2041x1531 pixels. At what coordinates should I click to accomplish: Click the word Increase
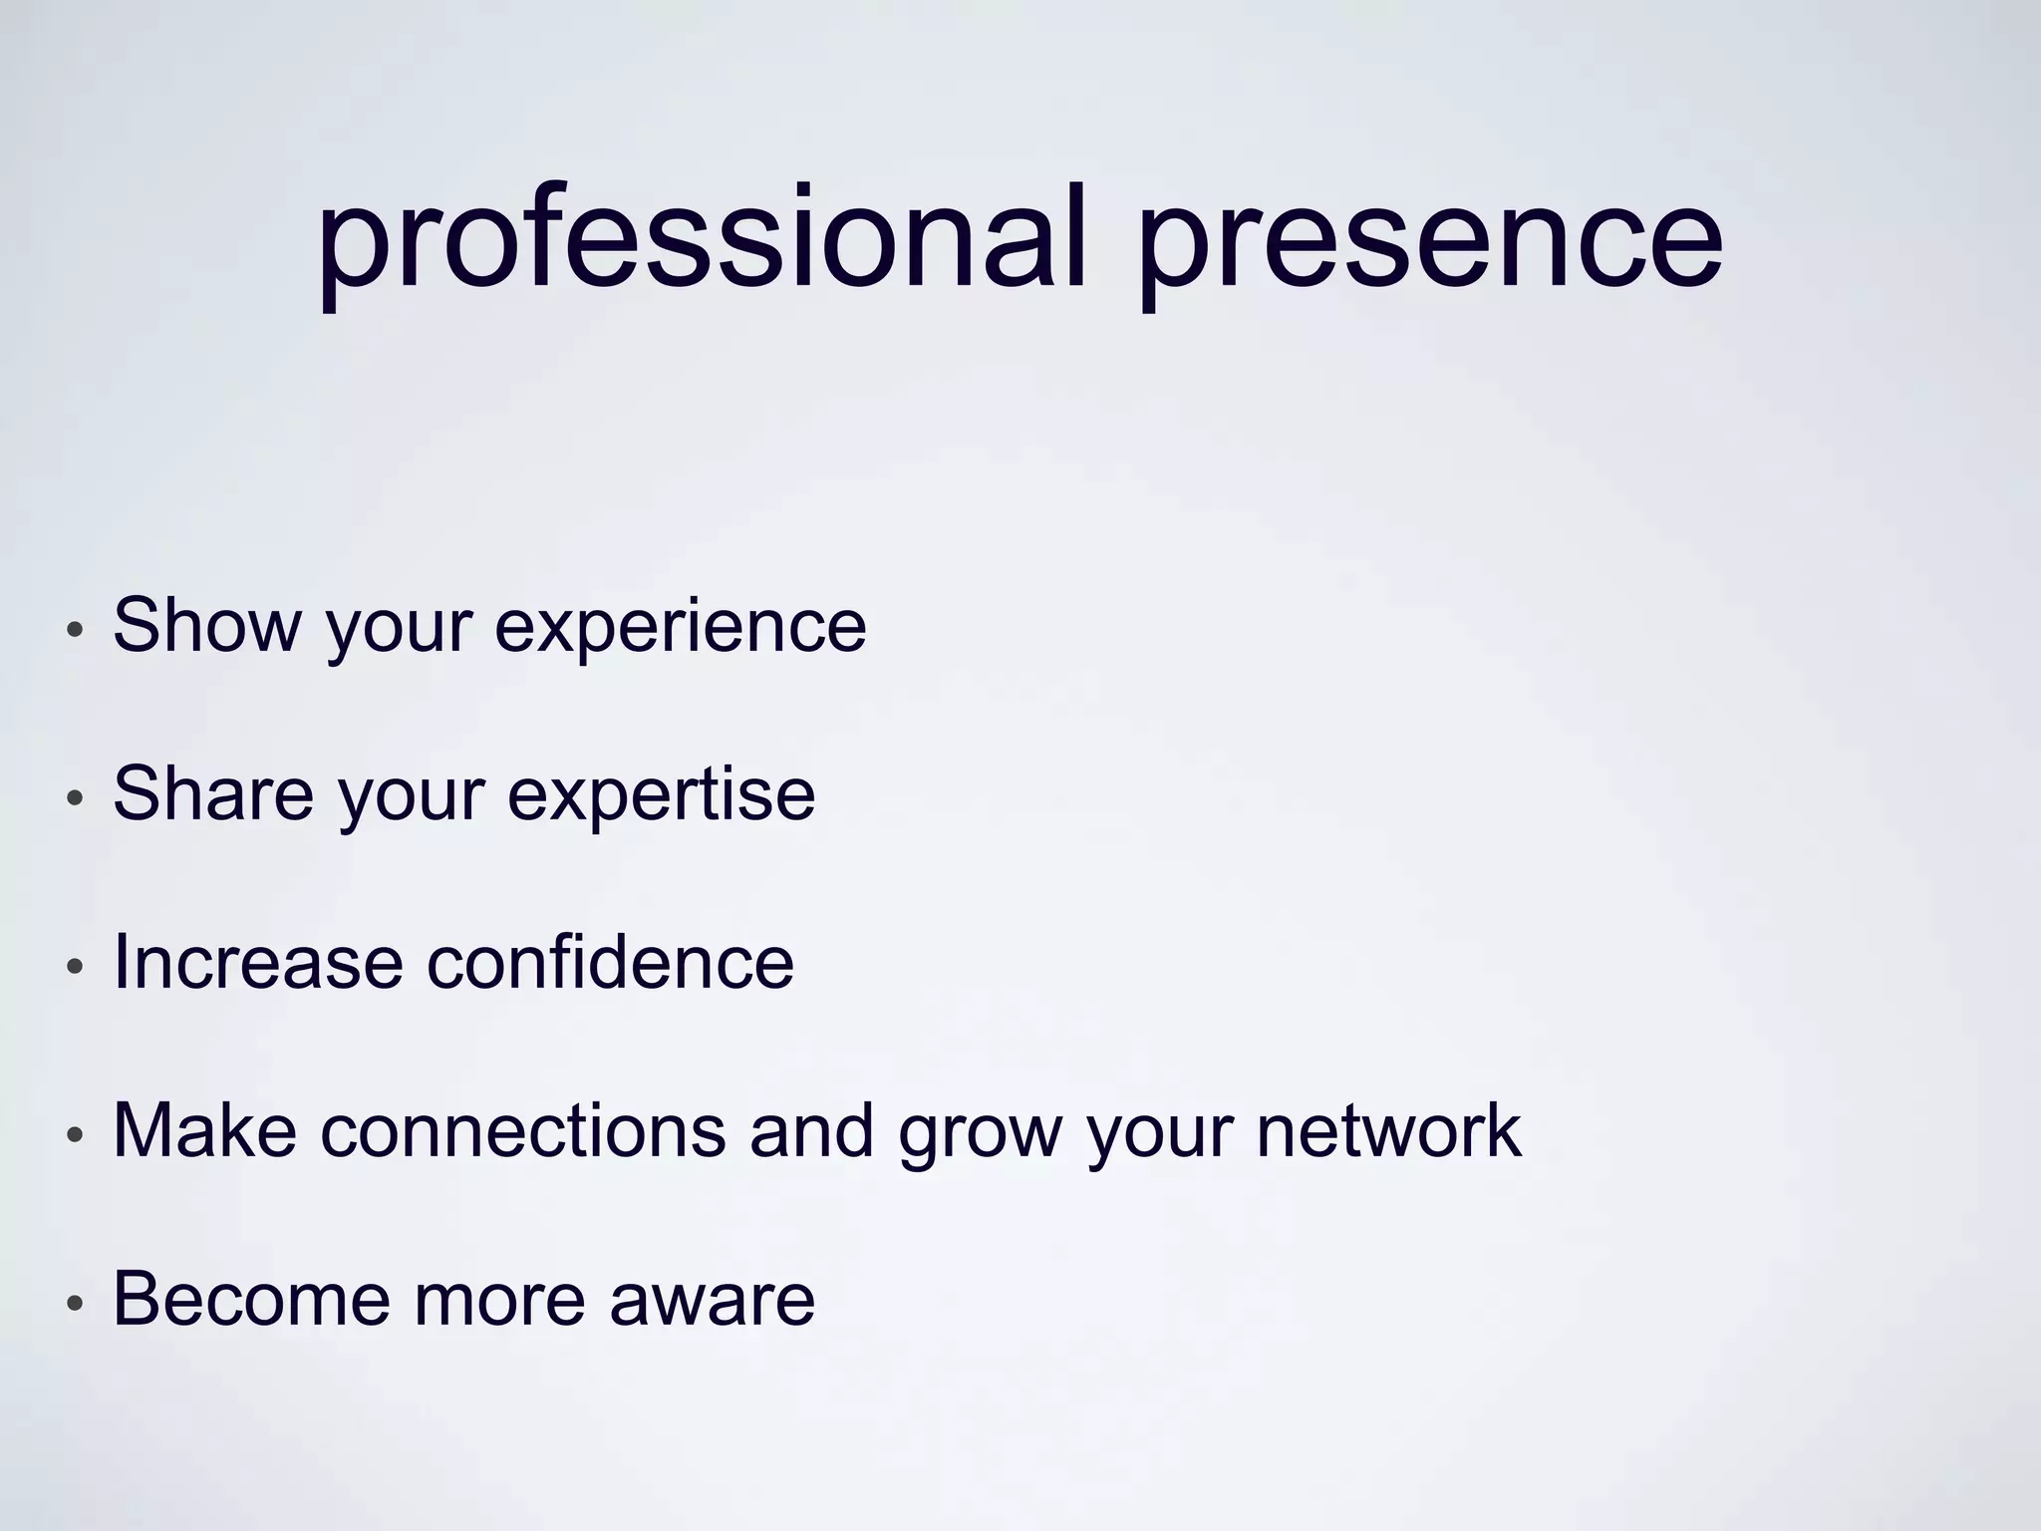pyautogui.click(x=258, y=962)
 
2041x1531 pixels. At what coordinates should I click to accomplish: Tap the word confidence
pyautogui.click(x=611, y=962)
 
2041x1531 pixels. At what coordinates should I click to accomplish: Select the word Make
pyautogui.click(x=204, y=1130)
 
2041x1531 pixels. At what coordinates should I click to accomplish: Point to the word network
pyautogui.click(x=1388, y=1130)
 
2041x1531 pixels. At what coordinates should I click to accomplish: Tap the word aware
pyautogui.click(x=712, y=1301)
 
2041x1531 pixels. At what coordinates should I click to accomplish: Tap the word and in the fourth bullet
pyautogui.click(x=811, y=1130)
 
